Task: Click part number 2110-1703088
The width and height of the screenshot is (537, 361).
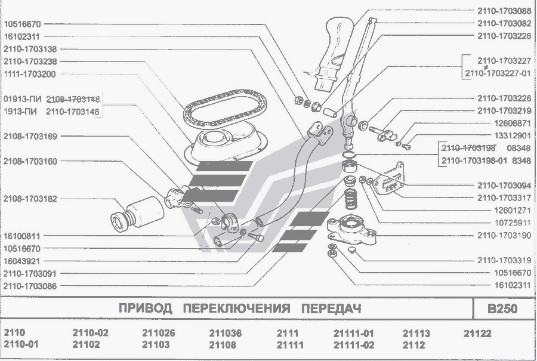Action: [504, 10]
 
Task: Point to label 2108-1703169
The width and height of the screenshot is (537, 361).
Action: [30, 136]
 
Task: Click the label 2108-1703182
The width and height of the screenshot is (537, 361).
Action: [30, 199]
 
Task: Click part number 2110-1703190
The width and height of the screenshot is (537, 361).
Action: [504, 236]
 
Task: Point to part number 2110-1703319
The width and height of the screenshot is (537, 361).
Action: [504, 260]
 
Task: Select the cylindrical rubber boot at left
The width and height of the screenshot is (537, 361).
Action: [137, 212]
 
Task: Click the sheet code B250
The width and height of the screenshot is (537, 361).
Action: [502, 309]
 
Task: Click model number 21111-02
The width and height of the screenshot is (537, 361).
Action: [353, 345]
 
